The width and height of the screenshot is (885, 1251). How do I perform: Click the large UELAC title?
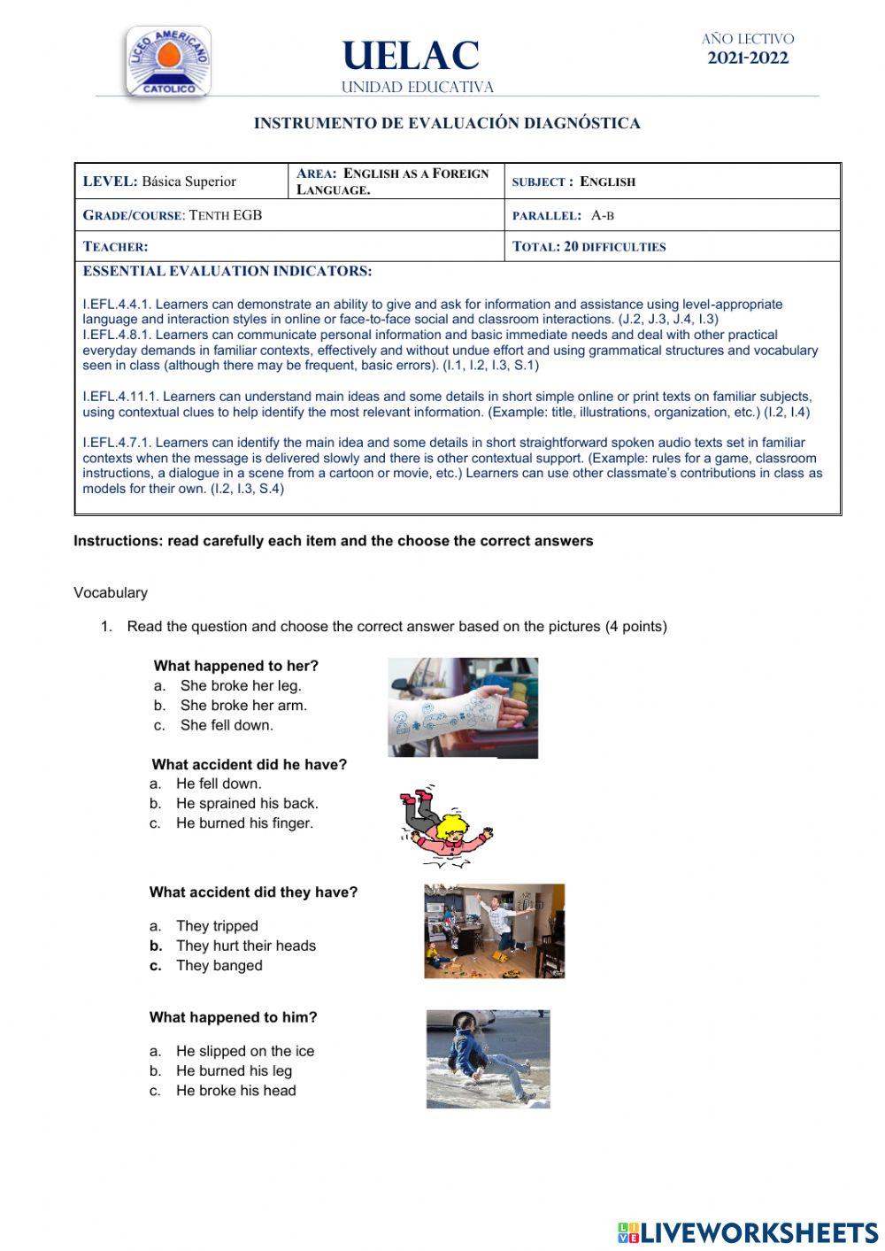tap(411, 57)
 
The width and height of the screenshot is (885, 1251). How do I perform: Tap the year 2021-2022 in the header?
tap(748, 58)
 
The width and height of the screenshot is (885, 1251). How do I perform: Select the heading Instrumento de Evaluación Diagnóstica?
tap(447, 123)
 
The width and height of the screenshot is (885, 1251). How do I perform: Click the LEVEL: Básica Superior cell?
tap(160, 181)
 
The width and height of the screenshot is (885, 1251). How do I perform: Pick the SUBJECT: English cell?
tap(573, 181)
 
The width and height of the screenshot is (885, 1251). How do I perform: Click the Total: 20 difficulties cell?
tap(589, 247)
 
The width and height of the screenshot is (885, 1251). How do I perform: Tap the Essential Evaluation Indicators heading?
tap(227, 271)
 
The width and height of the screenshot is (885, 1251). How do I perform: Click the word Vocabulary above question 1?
tap(111, 592)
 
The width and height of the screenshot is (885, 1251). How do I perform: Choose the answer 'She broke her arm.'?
tap(243, 706)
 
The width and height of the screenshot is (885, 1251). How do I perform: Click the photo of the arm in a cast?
tap(463, 707)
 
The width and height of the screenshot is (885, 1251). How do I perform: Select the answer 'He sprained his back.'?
tap(247, 803)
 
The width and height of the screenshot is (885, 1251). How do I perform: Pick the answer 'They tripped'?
tap(217, 926)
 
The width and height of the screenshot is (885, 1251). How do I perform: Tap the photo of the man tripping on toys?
tap(494, 931)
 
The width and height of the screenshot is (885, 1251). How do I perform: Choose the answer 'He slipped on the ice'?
tap(245, 1051)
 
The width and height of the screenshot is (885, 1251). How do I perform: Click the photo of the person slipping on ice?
tap(488, 1059)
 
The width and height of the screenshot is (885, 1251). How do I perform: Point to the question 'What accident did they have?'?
tap(253, 892)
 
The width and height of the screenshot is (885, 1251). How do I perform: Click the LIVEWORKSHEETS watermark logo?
tap(748, 1232)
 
